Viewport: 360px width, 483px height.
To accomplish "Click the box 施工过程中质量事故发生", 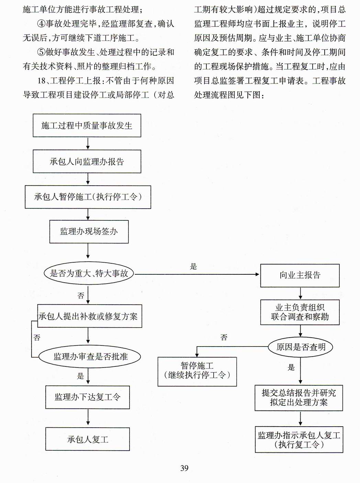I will [x=87, y=125].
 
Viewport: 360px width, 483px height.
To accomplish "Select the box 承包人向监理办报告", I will [x=87, y=161].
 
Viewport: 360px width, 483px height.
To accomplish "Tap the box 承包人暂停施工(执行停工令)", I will [x=88, y=197].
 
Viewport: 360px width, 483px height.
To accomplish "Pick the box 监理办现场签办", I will [x=89, y=231].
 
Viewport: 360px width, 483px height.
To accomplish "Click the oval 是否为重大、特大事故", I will [x=89, y=274].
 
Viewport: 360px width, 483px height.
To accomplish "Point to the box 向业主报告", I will [x=300, y=275].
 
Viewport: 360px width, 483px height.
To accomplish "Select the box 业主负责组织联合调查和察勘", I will [x=300, y=312].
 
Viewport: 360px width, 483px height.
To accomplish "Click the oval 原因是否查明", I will [x=301, y=347].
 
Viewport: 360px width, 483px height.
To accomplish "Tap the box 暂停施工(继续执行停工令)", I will [x=197, y=371].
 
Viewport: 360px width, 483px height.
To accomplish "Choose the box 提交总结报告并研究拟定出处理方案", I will [x=299, y=398].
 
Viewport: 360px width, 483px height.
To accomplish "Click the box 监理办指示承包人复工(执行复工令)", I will [x=299, y=440].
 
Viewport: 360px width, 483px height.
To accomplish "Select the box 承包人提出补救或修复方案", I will [x=89, y=316].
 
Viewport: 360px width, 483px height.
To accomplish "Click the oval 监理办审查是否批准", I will [x=90, y=357].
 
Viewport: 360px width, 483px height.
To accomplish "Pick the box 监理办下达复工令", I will [x=88, y=397].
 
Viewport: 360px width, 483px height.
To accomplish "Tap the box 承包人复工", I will [x=88, y=439].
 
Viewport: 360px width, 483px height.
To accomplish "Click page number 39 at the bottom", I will [x=184, y=468].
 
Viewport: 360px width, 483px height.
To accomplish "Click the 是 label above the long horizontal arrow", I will [x=193, y=266].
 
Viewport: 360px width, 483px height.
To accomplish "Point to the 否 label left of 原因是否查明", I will [x=224, y=338].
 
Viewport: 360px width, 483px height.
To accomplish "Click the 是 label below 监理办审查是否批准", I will [x=80, y=376].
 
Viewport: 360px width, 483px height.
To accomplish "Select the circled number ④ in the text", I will [x=41, y=24].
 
